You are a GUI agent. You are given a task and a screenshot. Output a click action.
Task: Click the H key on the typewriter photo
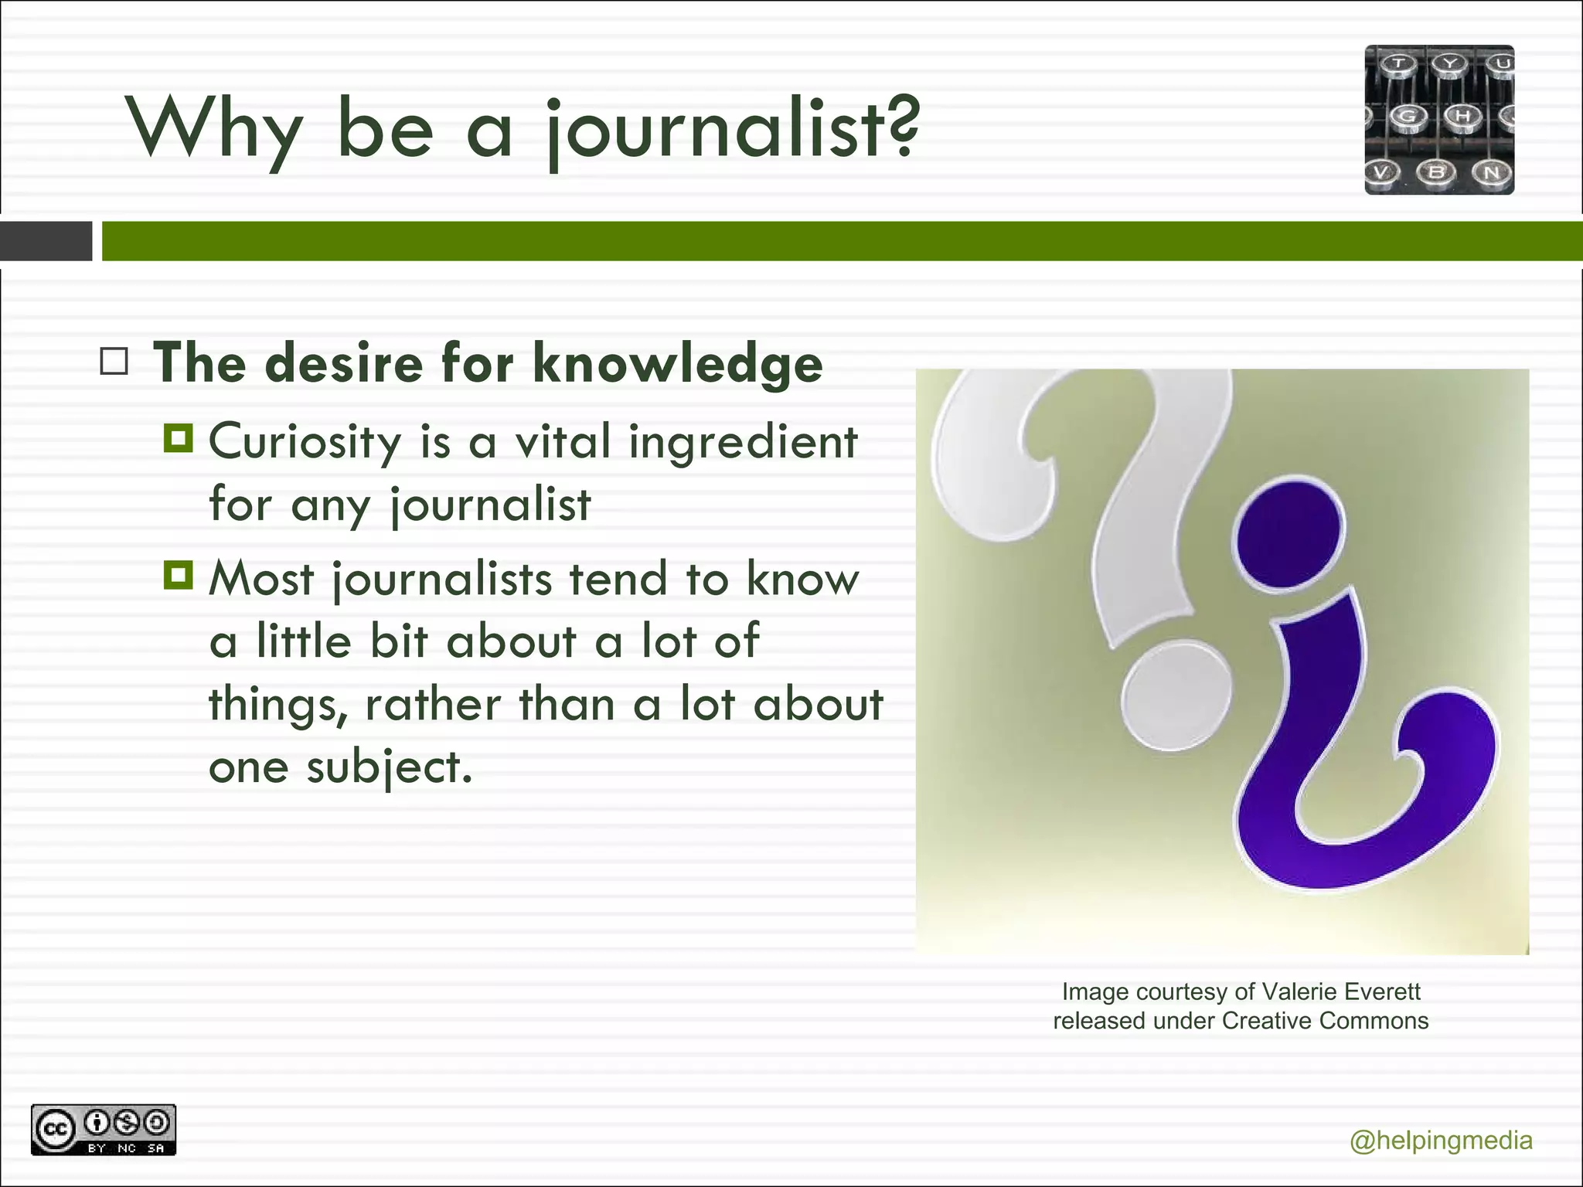[1462, 116]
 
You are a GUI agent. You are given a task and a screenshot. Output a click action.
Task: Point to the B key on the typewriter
[1435, 172]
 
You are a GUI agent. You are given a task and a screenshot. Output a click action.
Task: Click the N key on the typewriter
[1491, 172]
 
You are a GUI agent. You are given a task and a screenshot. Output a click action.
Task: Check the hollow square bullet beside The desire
[114, 361]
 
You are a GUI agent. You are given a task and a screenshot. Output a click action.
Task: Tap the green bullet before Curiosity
[178, 438]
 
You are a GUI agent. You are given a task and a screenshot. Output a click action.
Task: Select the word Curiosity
[305, 442]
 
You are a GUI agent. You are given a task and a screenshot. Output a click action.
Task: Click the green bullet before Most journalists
[178, 575]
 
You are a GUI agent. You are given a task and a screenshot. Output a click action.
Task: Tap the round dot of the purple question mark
[1289, 536]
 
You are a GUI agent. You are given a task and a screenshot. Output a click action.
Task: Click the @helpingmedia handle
[1441, 1141]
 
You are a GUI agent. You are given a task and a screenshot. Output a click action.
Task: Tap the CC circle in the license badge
[53, 1130]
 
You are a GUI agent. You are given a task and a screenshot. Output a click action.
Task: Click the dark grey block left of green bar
[46, 241]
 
